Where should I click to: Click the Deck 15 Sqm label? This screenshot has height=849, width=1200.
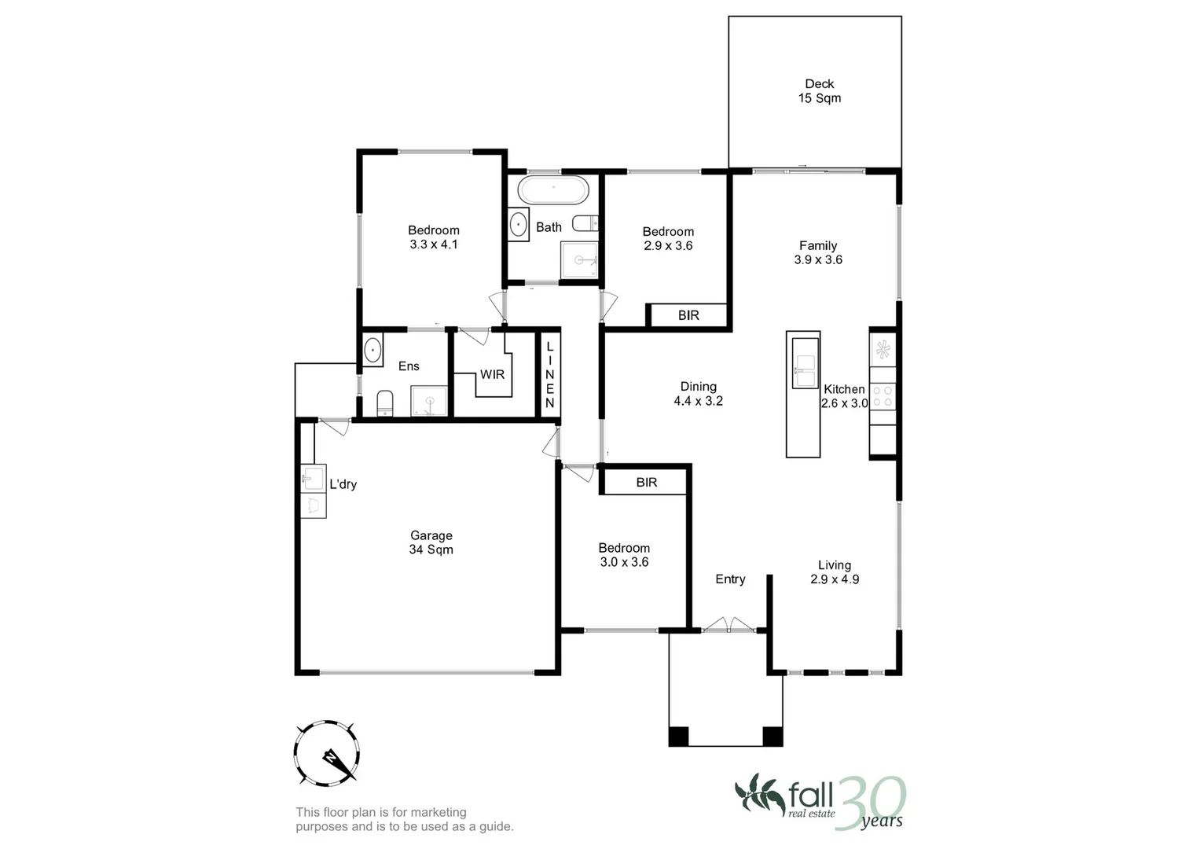pyautogui.click(x=819, y=91)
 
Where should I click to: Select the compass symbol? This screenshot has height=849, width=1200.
pyautogui.click(x=327, y=752)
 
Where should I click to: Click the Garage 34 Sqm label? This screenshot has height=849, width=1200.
pyautogui.click(x=431, y=542)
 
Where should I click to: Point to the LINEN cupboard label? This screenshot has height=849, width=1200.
pyautogui.click(x=549, y=375)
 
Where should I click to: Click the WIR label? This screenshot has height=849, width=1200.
pyautogui.click(x=492, y=374)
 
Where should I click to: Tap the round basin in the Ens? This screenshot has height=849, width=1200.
pyautogui.click(x=372, y=350)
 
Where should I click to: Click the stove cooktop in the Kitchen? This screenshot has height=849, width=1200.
pyautogui.click(x=883, y=395)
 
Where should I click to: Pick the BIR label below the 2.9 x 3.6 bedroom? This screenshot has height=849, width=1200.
pyautogui.click(x=688, y=315)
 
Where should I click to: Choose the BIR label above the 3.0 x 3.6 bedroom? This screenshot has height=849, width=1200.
pyautogui.click(x=646, y=483)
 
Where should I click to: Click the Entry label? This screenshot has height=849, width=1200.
pyautogui.click(x=730, y=579)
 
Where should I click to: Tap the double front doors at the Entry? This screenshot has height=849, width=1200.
pyautogui.click(x=729, y=626)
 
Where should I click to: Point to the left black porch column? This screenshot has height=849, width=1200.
pyautogui.click(x=678, y=737)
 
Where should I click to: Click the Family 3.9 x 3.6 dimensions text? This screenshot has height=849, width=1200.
pyautogui.click(x=818, y=260)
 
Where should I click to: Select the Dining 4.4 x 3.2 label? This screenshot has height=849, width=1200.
pyautogui.click(x=698, y=394)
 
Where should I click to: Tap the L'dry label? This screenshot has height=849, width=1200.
pyautogui.click(x=343, y=484)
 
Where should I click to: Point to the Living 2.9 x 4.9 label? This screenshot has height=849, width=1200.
pyautogui.click(x=834, y=572)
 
